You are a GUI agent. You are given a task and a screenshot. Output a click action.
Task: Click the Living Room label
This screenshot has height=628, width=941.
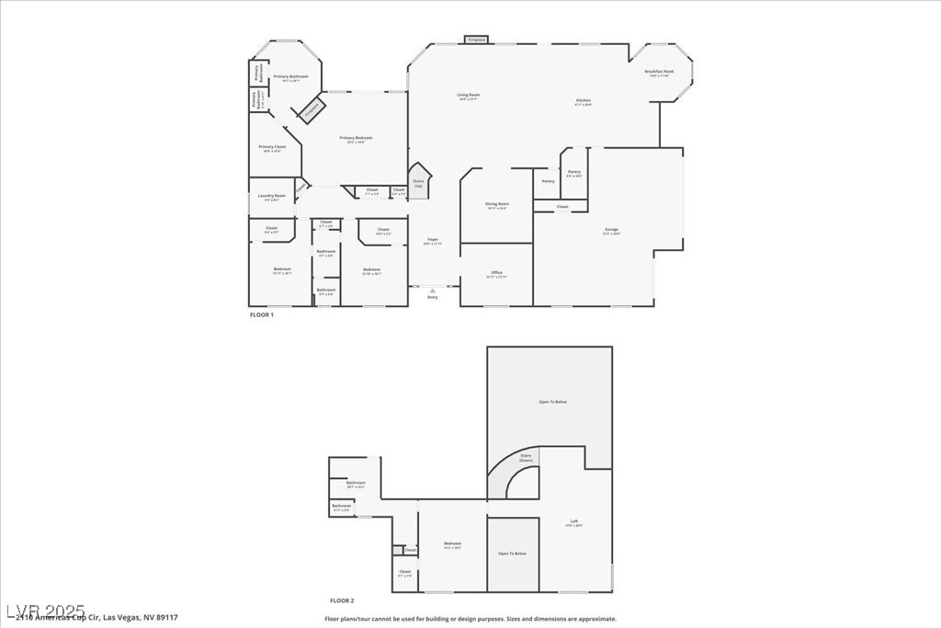[469, 95]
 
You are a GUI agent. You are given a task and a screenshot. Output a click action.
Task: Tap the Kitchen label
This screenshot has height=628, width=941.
[584, 100]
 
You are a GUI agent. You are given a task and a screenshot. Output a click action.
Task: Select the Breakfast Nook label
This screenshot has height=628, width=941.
[661, 71]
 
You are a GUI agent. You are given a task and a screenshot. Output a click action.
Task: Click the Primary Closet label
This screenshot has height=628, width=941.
[272, 147]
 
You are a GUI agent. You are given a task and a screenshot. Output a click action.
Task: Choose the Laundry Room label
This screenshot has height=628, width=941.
[272, 196]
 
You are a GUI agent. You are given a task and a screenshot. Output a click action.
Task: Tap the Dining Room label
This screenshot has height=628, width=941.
[497, 204]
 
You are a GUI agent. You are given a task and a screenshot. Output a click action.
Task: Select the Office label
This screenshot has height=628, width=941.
[496, 273]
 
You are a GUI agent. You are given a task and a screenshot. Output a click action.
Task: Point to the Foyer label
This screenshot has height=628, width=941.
[432, 241]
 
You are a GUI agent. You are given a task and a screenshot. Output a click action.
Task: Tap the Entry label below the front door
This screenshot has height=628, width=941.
[433, 297]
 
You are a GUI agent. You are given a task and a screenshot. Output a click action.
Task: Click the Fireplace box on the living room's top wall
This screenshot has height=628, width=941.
[476, 40]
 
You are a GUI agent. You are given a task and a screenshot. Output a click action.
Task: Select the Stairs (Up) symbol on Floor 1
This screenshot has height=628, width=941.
[419, 180]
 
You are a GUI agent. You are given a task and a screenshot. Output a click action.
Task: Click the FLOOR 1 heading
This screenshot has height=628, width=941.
[262, 314]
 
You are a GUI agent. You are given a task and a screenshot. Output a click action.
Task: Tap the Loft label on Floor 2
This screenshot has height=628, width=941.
[574, 521]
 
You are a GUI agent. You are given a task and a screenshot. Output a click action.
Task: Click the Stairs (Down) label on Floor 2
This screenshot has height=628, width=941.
[527, 457]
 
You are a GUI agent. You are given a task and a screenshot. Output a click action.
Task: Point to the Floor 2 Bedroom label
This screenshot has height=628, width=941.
[452, 544]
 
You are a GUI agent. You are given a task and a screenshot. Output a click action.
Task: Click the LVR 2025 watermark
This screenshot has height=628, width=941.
[45, 611]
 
